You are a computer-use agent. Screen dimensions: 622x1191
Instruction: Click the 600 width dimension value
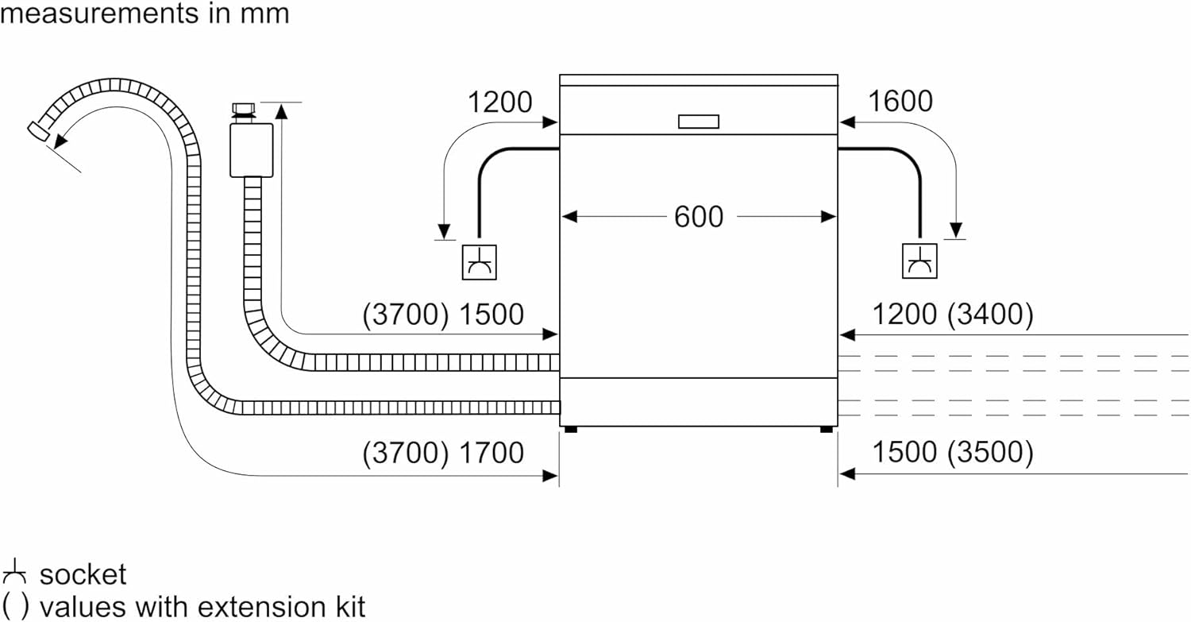[699, 217]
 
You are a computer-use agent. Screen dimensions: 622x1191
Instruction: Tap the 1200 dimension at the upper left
[499, 102]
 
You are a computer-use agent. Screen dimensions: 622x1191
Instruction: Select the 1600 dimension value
[900, 102]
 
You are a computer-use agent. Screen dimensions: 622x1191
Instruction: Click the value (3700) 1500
[443, 315]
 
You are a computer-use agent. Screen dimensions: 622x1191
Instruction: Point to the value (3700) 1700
[443, 453]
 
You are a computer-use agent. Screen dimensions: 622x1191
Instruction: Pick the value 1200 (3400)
[953, 315]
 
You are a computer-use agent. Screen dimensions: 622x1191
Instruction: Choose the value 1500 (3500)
[953, 453]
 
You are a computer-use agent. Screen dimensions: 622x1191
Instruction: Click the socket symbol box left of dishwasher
[480, 262]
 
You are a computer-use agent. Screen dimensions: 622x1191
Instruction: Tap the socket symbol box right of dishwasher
[919, 262]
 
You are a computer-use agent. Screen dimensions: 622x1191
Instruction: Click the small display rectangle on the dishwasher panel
[699, 122]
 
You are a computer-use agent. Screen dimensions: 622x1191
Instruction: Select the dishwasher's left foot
[569, 430]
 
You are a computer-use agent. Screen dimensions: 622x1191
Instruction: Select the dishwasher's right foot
[827, 430]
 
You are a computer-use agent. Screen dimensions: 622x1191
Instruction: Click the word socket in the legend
[83, 574]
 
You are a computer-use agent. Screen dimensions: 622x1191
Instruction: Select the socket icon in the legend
[14, 571]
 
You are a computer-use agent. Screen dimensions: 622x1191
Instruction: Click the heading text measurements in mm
[145, 14]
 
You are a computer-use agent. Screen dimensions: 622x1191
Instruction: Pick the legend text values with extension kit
[202, 606]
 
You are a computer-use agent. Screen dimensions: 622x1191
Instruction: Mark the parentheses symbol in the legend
[14, 606]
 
